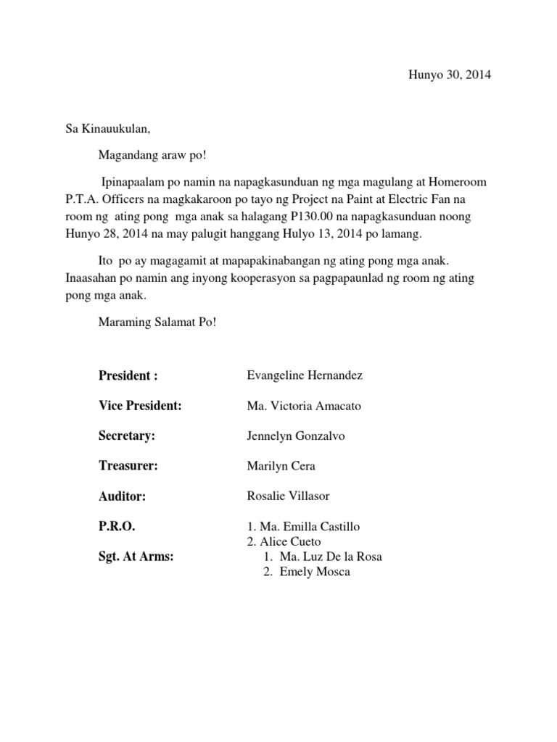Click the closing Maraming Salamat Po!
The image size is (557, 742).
[157, 322]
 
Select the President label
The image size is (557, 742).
[128, 375]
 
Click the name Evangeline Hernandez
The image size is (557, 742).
[305, 375]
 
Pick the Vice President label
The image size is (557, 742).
[139, 406]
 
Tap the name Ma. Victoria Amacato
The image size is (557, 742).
[304, 406]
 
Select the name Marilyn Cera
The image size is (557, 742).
[281, 467]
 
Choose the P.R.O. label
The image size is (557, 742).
[117, 527]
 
